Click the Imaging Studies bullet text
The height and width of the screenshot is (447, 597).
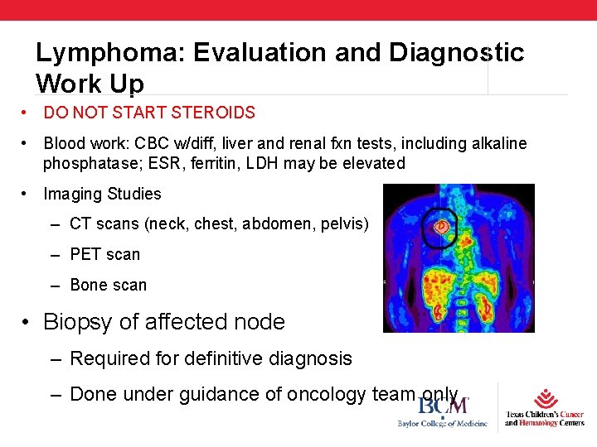(x=102, y=195)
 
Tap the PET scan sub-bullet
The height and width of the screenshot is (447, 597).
(x=105, y=254)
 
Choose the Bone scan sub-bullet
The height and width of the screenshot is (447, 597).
(x=108, y=285)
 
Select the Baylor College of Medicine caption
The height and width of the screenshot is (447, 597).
(x=442, y=425)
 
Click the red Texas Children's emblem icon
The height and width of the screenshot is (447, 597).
(x=546, y=398)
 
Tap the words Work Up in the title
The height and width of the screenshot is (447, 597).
(x=90, y=84)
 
